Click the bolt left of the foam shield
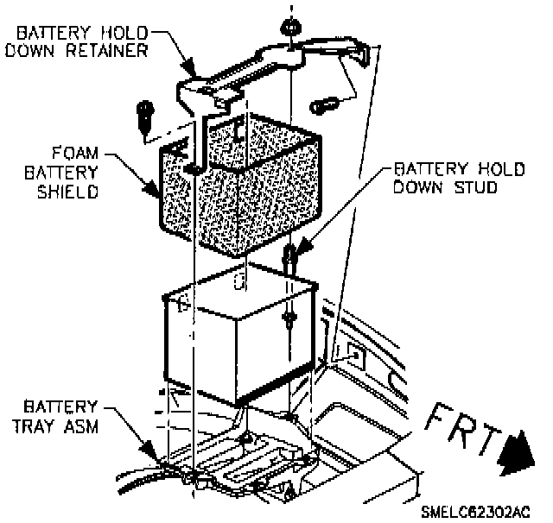143,113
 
